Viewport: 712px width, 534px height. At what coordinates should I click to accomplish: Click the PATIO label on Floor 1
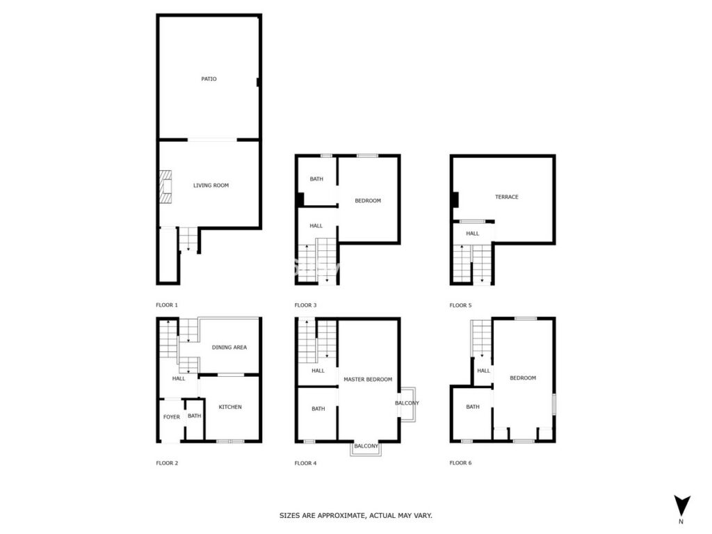coord(209,79)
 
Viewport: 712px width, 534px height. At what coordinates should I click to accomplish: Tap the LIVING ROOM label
coord(211,185)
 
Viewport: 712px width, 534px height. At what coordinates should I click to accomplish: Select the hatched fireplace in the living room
coord(165,186)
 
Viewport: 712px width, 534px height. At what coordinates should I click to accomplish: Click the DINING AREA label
coord(229,348)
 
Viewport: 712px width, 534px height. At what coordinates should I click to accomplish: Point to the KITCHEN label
coord(230,407)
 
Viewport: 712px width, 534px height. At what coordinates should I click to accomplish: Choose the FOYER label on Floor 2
coord(172,417)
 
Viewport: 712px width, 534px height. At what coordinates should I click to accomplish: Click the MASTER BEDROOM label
coord(368,380)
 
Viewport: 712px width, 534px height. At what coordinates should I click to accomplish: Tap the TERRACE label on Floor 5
coord(507,197)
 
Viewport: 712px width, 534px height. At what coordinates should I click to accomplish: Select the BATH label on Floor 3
coord(316,179)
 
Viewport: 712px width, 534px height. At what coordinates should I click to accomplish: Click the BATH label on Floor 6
coord(473,407)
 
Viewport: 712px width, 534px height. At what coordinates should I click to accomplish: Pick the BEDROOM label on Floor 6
coord(523,378)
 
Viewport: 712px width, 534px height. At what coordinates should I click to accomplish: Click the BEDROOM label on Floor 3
coord(368,201)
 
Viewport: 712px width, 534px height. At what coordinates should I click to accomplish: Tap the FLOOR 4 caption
coord(306,463)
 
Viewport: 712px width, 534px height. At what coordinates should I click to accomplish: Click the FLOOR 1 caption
coord(167,305)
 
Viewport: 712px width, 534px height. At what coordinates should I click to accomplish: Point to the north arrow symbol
coord(681,505)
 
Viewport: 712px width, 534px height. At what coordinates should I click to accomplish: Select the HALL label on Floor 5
coord(472,234)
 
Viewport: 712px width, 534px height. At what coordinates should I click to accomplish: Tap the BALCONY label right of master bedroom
coord(407,403)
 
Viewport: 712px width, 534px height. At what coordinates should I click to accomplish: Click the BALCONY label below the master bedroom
coord(366,446)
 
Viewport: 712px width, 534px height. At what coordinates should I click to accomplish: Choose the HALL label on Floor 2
coord(179,379)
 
